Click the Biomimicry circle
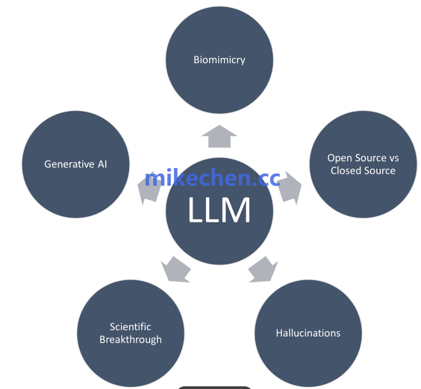220,60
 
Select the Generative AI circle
76,164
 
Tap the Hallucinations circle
308,333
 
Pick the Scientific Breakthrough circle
131,333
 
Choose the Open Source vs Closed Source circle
363,164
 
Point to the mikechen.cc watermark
212,178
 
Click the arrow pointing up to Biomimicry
220,136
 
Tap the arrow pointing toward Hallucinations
263,270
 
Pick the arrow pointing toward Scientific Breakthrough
176,270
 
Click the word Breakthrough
131,340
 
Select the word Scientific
131,327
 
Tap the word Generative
69,164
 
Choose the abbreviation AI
102,164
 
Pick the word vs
394,159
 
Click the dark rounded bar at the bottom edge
214,387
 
